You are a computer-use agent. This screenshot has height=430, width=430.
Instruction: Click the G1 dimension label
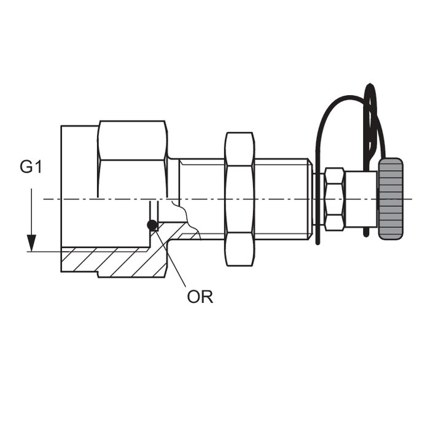(31, 167)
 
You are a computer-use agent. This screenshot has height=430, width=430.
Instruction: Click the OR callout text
(200, 297)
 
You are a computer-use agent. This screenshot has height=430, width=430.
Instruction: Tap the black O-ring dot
(152, 225)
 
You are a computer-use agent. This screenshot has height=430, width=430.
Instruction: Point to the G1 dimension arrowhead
(31, 243)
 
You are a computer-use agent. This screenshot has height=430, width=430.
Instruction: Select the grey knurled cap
(391, 199)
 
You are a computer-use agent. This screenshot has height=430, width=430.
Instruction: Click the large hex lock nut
(240, 199)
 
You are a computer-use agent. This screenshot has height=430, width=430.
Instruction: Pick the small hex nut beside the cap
(335, 199)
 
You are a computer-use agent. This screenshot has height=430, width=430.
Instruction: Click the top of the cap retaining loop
(371, 85)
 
